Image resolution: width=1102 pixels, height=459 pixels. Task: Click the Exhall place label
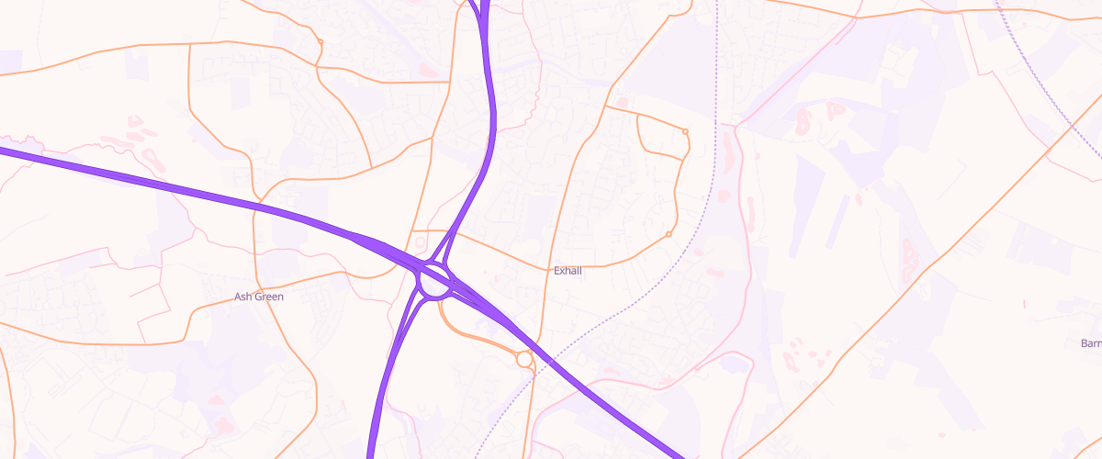(x=568, y=271)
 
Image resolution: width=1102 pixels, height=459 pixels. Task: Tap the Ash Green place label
(x=259, y=297)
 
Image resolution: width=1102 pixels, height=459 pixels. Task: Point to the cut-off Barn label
(x=1091, y=343)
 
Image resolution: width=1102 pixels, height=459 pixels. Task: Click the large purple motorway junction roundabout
(x=434, y=282)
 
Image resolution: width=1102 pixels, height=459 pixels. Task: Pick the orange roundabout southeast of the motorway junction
(x=525, y=359)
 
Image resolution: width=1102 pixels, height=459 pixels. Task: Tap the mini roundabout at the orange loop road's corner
(x=685, y=132)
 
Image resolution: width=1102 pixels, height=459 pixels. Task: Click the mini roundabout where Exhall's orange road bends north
(x=669, y=235)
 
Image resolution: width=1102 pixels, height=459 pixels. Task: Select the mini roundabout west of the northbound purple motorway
(x=320, y=41)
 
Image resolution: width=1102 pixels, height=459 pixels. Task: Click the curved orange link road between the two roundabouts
(x=471, y=334)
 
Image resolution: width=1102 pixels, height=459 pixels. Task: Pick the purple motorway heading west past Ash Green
(x=138, y=177)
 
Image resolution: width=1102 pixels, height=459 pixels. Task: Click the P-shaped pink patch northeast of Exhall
(x=836, y=110)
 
